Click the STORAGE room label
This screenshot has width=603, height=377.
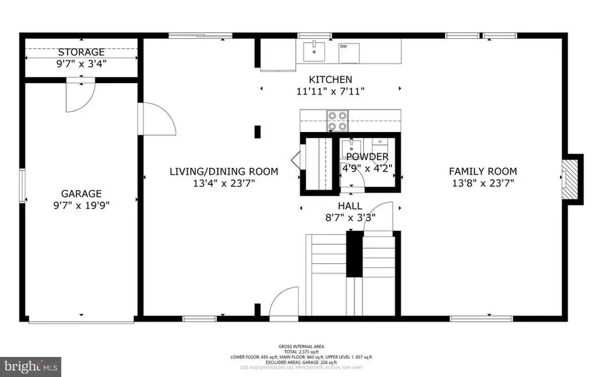[81, 52]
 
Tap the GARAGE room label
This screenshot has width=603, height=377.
[81, 193]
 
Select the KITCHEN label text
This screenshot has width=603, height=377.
[330, 80]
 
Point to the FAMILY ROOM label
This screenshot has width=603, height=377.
[482, 171]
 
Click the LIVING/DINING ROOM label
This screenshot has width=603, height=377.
[223, 171]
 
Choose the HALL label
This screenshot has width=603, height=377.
[350, 206]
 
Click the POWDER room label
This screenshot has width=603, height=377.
[366, 157]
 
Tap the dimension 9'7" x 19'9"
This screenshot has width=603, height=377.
[81, 205]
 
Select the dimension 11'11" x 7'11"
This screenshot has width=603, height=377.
[330, 91]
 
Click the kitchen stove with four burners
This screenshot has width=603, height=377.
[337, 120]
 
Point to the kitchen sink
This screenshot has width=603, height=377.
[313, 50]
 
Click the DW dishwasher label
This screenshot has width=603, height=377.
[343, 46]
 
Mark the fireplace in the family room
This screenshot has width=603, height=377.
[569, 177]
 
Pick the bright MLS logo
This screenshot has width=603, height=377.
[31, 366]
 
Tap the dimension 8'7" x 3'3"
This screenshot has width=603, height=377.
[350, 217]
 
